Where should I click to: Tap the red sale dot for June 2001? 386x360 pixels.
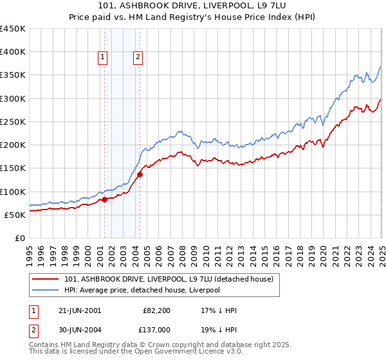coord(105,200)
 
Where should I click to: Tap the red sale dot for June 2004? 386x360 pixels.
coord(140,174)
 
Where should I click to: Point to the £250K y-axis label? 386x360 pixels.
coord(13,122)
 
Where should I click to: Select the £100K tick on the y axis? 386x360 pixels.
coord(13,192)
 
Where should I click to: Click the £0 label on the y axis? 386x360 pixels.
coord(19,238)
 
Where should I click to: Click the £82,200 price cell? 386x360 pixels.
coord(156,310)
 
